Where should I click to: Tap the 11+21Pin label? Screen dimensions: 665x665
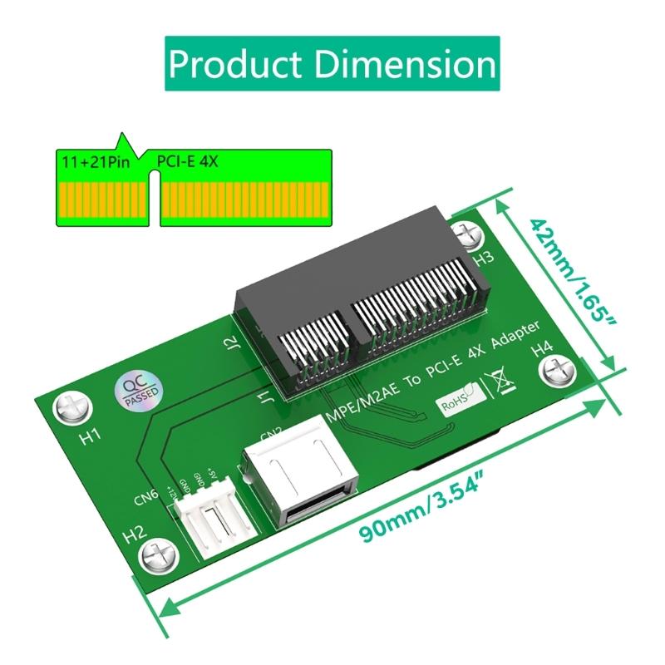pyautogui.click(x=94, y=161)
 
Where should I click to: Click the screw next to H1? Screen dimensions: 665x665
pyautogui.click(x=69, y=407)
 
